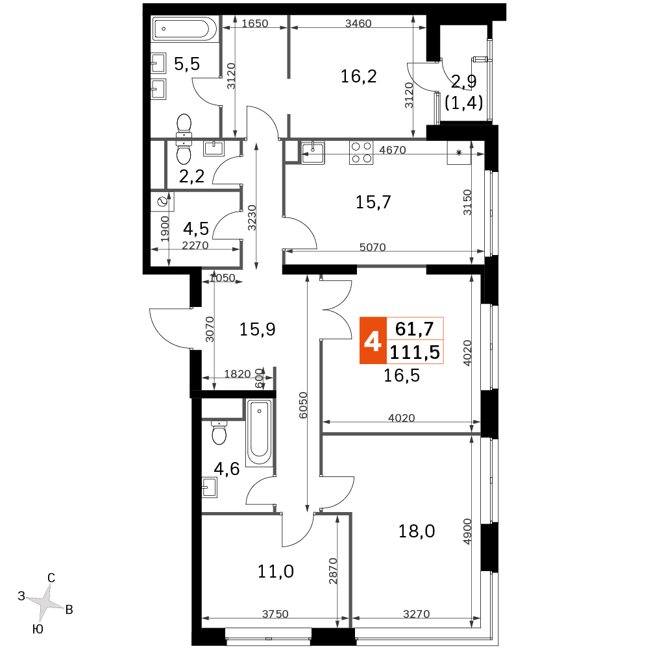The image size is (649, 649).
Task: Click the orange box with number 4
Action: [x=373, y=341]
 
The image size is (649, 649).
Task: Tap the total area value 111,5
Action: [x=415, y=352]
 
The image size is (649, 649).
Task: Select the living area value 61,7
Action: [x=414, y=329]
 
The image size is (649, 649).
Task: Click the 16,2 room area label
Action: [x=358, y=77]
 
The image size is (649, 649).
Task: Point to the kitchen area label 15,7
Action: [x=373, y=202]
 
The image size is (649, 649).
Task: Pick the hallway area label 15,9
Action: [x=257, y=330]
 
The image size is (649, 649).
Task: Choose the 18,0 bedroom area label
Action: [x=417, y=531]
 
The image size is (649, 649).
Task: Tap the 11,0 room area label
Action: [x=276, y=572]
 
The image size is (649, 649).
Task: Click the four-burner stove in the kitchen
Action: [x=361, y=153]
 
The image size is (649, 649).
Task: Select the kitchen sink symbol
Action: [x=313, y=153]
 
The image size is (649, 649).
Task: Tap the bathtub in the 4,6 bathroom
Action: [x=260, y=433]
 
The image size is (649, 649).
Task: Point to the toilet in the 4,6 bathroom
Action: [x=219, y=432]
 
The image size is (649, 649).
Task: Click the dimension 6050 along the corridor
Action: [x=303, y=405]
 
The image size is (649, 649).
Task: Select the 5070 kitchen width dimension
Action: [x=373, y=247]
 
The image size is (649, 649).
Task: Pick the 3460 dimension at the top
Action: [x=358, y=23]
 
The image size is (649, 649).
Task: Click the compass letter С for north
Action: [x=51, y=578]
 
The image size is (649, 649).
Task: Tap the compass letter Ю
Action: [x=38, y=630]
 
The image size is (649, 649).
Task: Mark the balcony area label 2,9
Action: [x=463, y=82]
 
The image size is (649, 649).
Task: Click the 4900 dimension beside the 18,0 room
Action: [x=467, y=532]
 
